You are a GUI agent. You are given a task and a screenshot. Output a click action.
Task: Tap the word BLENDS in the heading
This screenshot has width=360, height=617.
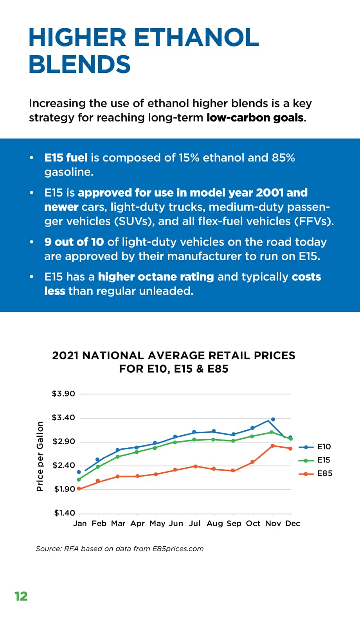[x=80, y=64]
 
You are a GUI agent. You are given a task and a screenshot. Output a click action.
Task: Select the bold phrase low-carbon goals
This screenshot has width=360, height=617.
[x=255, y=118]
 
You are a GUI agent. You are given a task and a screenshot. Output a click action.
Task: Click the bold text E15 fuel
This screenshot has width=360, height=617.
[x=66, y=158]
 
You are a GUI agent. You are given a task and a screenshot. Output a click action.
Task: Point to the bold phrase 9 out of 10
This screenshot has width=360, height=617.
[x=74, y=242]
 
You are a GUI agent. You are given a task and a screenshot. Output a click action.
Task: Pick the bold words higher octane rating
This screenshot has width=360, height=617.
[x=156, y=276]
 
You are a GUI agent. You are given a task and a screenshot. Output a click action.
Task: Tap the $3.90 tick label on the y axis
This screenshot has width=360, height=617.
[x=63, y=394]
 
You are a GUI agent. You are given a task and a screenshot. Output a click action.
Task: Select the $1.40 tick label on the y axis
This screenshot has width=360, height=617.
[x=65, y=513]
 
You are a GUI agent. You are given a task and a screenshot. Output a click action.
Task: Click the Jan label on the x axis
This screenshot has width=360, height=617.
[x=80, y=523]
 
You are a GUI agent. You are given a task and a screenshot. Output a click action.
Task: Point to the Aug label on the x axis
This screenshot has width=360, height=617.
[x=215, y=524]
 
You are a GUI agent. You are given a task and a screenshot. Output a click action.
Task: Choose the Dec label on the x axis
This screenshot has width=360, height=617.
[x=292, y=523]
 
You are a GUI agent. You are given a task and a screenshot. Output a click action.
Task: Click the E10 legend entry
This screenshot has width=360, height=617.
[x=315, y=447]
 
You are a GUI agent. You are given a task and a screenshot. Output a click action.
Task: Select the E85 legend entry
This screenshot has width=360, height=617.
[x=316, y=473]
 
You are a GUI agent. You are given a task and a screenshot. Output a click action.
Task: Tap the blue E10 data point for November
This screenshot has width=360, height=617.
[x=273, y=419]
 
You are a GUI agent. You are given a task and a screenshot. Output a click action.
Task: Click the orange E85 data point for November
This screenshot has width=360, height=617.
[x=272, y=446]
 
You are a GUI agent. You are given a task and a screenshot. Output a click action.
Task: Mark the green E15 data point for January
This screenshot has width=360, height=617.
[x=79, y=479]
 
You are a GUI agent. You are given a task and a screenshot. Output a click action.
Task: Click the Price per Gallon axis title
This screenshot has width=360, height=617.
[x=40, y=456]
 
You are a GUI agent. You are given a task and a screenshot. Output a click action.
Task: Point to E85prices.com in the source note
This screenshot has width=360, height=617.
[x=178, y=549]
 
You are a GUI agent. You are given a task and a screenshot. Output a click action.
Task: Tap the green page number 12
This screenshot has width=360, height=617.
[x=21, y=596]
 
